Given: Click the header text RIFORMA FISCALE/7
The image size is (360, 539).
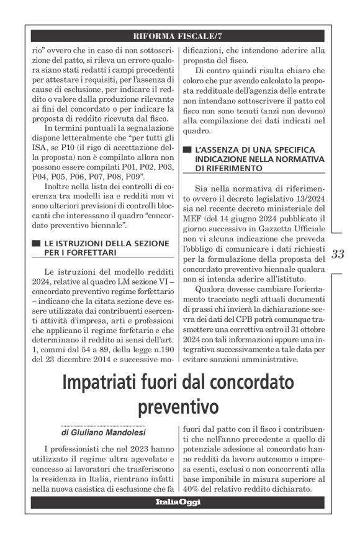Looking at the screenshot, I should pyautogui.click(x=179, y=35).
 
